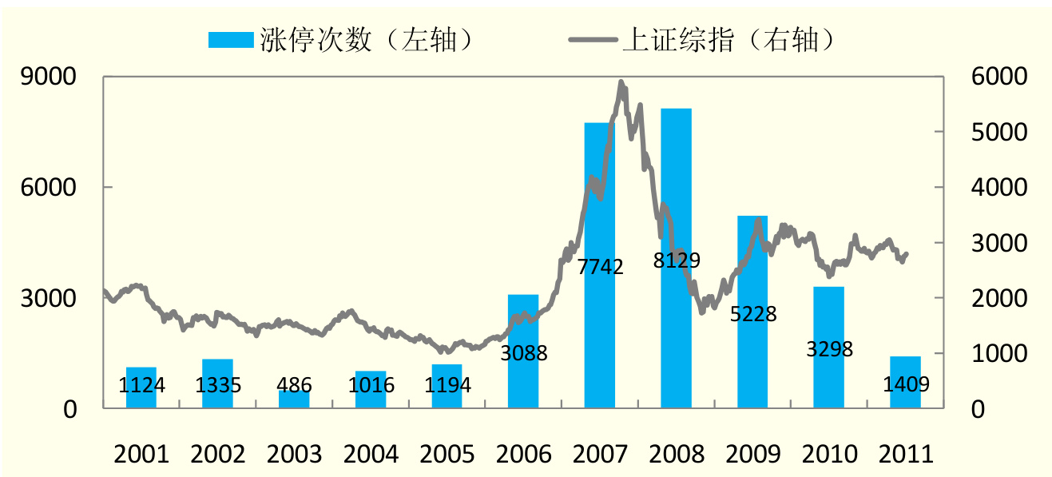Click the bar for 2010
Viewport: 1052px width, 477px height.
tap(829, 376)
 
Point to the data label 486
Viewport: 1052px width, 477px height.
tap(295, 386)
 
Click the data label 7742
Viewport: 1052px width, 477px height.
tap(600, 267)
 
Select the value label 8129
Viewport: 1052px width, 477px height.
tap(677, 260)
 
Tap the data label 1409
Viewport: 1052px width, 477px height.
tap(906, 385)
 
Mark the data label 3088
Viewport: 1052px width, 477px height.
tap(524, 352)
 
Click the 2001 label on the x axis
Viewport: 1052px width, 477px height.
tap(141, 454)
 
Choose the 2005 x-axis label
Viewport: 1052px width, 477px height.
tap(447, 454)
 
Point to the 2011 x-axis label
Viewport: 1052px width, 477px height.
tap(906, 454)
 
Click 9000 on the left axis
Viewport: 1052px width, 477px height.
tap(49, 78)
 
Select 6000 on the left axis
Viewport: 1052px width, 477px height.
tap(49, 188)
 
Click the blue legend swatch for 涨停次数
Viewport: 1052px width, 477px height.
tap(230, 39)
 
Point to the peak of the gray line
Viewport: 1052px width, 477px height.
tap(621, 81)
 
